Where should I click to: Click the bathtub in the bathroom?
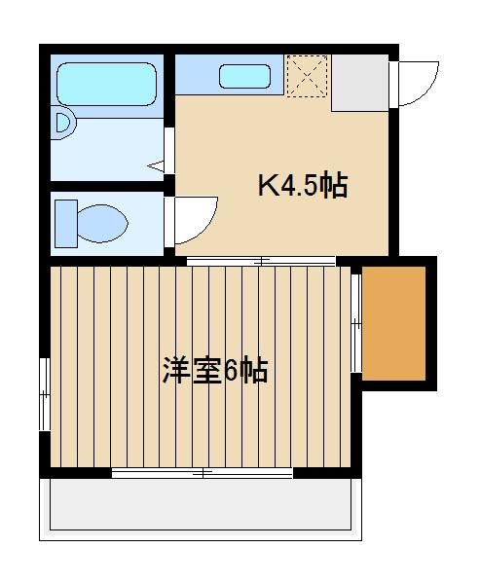point(106,84)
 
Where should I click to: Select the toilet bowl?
point(103,224)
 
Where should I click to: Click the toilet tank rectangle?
point(66,224)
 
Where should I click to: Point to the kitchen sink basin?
point(244,76)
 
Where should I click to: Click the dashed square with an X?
point(307,76)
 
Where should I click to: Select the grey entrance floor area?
point(360,83)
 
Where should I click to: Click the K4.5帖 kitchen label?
point(303,185)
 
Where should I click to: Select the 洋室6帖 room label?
point(215,370)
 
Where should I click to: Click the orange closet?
point(394,323)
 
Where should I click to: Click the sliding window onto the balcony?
point(203,473)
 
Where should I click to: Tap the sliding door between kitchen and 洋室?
point(261,261)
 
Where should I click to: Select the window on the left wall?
point(45,394)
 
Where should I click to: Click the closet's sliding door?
point(356,323)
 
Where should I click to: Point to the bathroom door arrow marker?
point(156,165)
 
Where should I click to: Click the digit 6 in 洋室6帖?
point(231,371)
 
